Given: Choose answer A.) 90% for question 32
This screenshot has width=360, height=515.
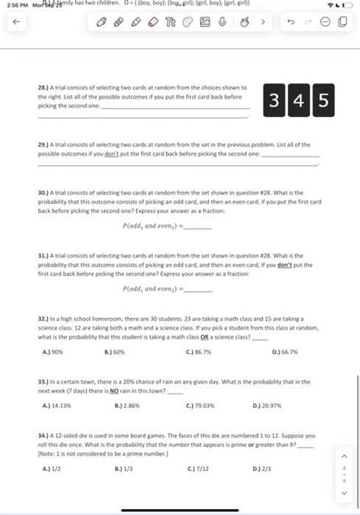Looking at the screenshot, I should [52, 352].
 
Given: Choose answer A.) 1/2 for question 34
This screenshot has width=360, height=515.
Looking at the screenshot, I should [50, 468].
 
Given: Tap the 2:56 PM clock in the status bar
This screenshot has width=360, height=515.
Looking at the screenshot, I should [14, 6].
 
